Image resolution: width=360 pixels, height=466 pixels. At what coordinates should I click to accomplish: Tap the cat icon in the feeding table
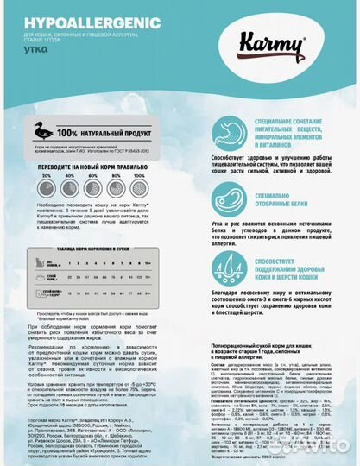coord(38,261)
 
